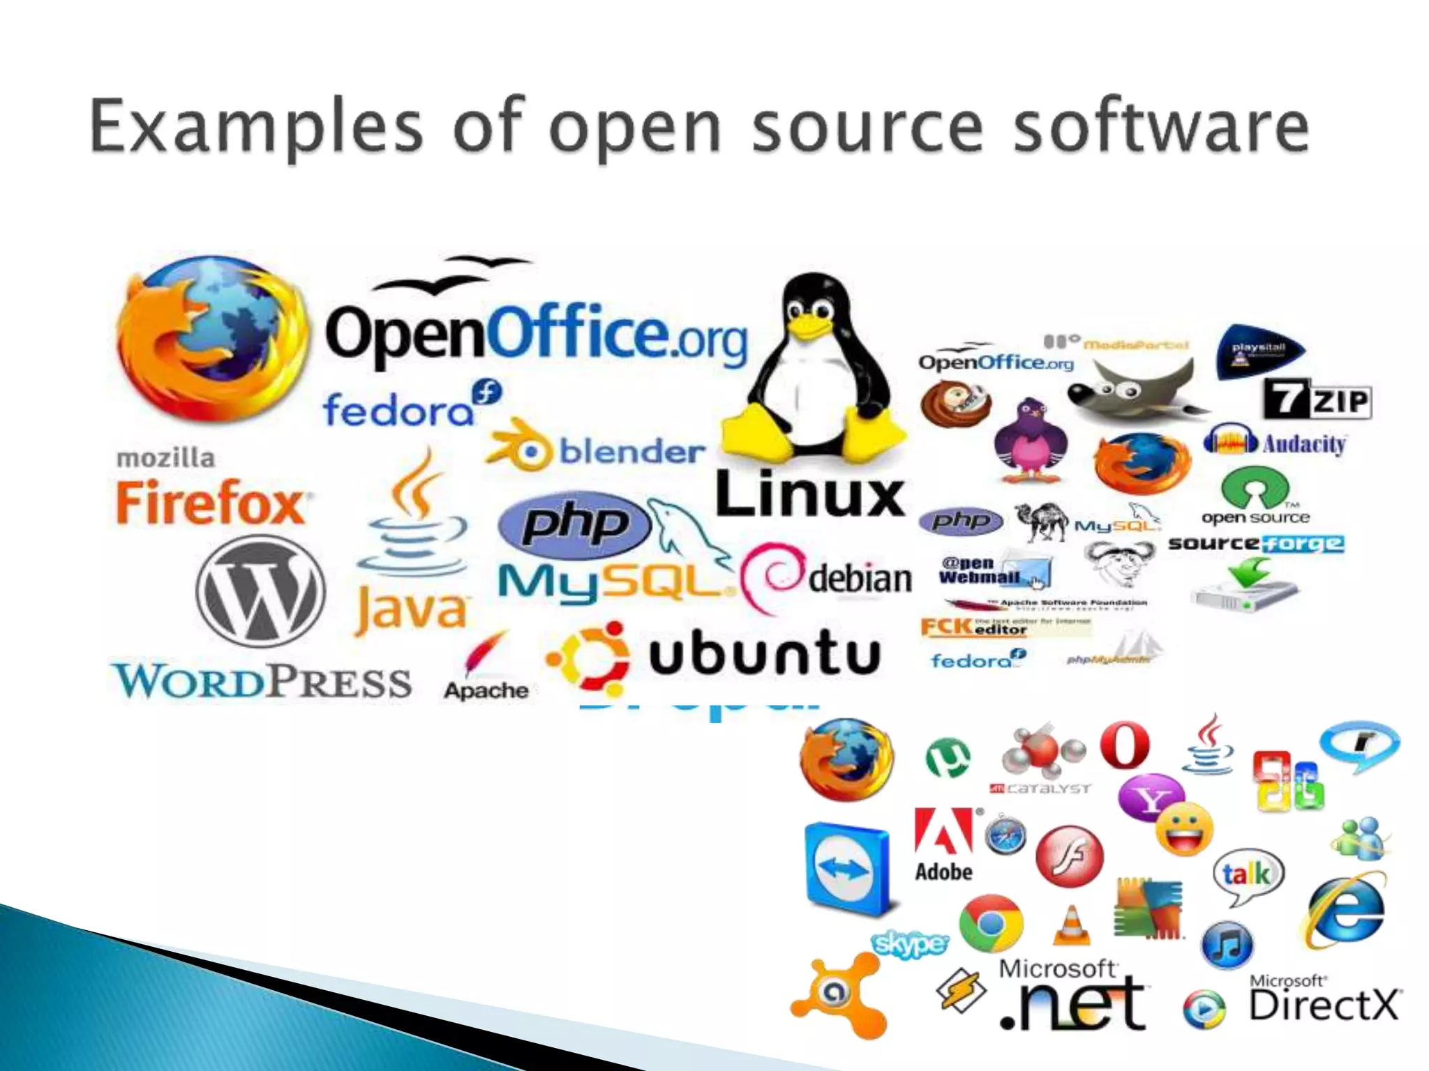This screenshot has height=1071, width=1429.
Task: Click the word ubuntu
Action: pyautogui.click(x=764, y=653)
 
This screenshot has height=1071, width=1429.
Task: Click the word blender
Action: pyautogui.click(x=631, y=452)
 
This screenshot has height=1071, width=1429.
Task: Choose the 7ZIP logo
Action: pyautogui.click(x=1317, y=400)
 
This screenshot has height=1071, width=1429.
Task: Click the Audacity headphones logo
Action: pyautogui.click(x=1229, y=441)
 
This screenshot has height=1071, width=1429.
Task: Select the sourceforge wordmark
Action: pyautogui.click(x=1256, y=543)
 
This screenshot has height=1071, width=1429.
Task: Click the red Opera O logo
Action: pyautogui.click(x=1125, y=745)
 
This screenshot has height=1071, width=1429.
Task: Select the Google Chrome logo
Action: pyautogui.click(x=991, y=923)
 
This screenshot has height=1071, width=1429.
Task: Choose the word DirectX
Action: pyautogui.click(x=1324, y=1005)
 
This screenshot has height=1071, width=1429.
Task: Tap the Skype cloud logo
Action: pyautogui.click(x=911, y=944)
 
